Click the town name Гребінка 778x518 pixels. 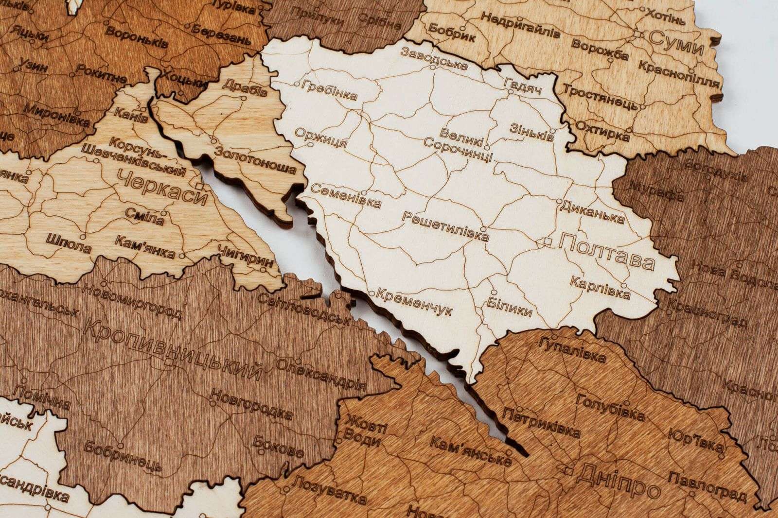pos(329,90)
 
